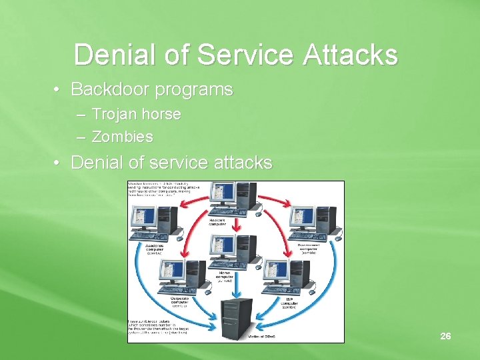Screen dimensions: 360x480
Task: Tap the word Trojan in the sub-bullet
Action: pyautogui.click(x=114, y=114)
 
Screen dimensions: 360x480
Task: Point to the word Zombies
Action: pyautogui.click(x=122, y=137)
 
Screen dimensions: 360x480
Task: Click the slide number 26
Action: pyautogui.click(x=445, y=336)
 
